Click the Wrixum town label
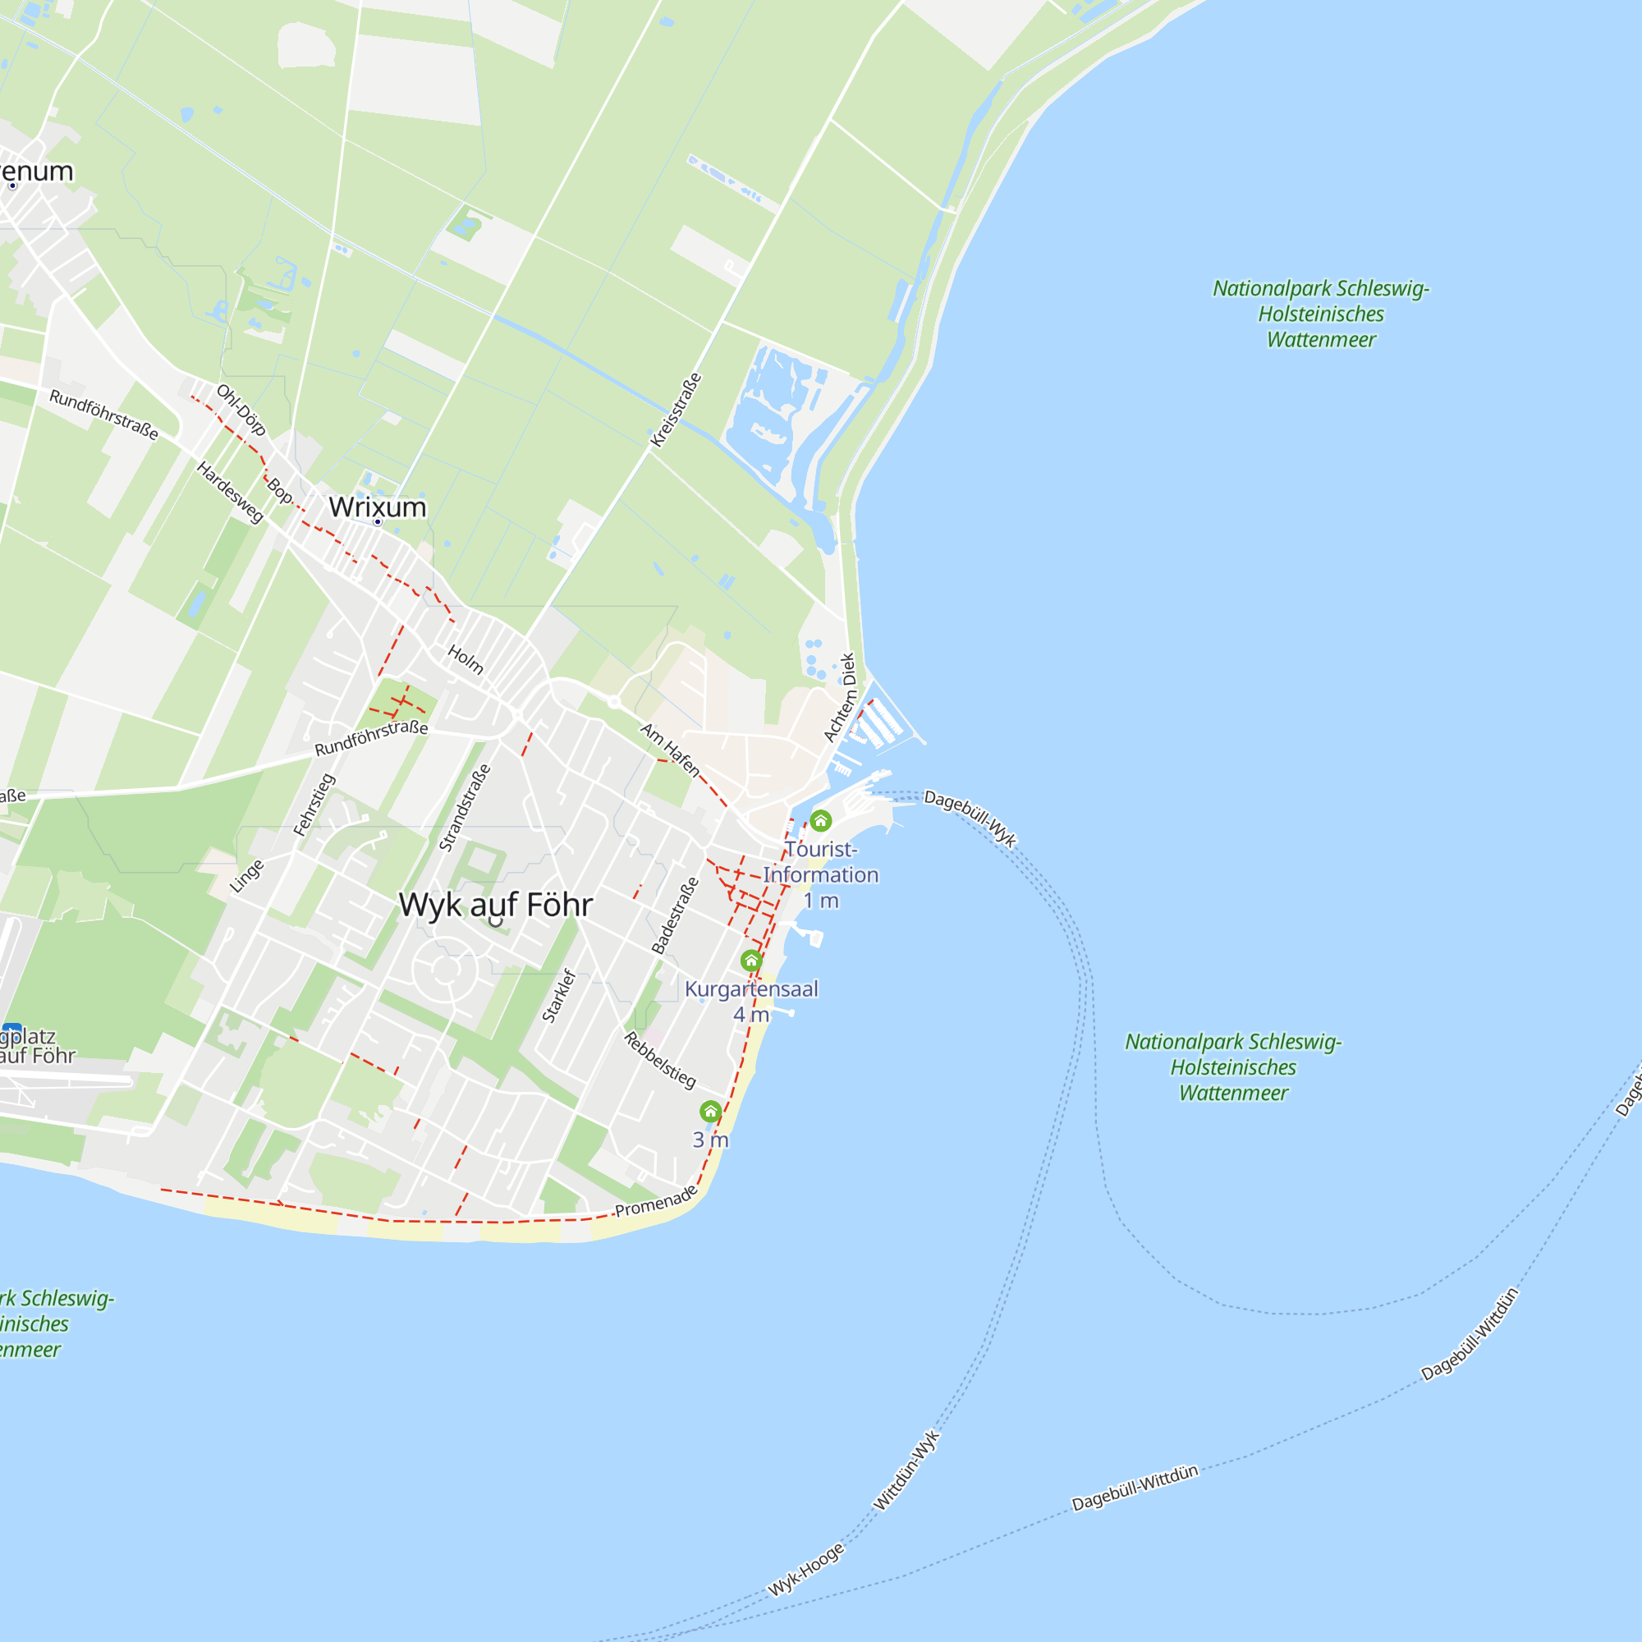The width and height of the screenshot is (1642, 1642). [378, 507]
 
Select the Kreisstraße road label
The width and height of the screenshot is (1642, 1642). [676, 410]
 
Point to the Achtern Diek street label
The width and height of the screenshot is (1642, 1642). [839, 697]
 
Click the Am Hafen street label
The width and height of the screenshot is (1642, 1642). [670, 750]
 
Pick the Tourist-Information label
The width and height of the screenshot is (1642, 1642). [820, 862]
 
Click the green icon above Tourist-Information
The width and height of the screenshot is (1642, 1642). [820, 821]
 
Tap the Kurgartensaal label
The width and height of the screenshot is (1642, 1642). [751, 988]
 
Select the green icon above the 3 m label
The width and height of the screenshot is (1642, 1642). [710, 1111]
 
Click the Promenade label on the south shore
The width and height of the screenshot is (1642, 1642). [655, 1202]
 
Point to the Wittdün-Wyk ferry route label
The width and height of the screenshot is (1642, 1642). [907, 1470]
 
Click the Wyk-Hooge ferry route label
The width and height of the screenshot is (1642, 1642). [805, 1570]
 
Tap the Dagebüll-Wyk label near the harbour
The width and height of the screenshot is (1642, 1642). [970, 819]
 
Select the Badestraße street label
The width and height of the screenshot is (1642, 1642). [675, 915]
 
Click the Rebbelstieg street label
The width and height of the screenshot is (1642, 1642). [659, 1060]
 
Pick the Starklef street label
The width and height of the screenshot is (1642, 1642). [558, 995]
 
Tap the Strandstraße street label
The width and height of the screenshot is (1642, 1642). [464, 807]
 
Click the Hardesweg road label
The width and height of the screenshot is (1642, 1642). [230, 491]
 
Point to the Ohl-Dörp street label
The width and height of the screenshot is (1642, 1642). [241, 410]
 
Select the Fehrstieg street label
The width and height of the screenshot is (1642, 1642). [314, 804]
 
